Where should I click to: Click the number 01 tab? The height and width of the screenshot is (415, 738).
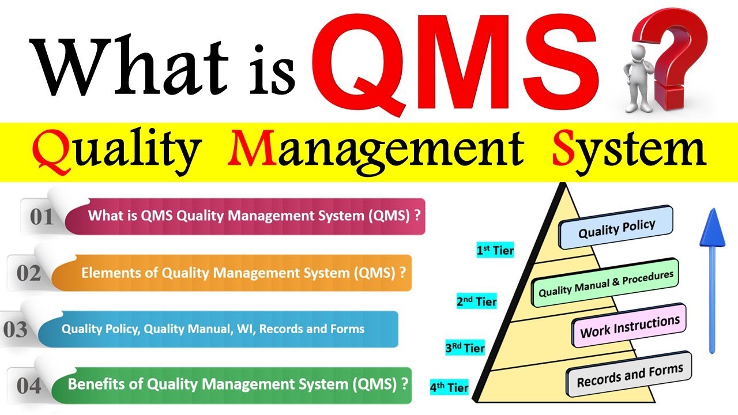pyautogui.click(x=42, y=217)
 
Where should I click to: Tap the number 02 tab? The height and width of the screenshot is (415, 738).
pyautogui.click(x=29, y=273)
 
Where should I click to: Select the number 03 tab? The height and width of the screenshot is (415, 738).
pyautogui.click(x=16, y=330)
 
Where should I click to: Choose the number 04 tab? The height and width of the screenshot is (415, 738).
pyautogui.click(x=29, y=386)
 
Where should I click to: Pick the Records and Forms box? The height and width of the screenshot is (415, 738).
pyautogui.click(x=630, y=374)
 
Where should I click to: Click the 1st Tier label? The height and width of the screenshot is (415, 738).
pyautogui.click(x=495, y=251)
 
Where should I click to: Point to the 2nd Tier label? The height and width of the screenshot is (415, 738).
pyautogui.click(x=476, y=301)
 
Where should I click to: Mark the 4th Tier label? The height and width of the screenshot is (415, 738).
pyautogui.click(x=449, y=387)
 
